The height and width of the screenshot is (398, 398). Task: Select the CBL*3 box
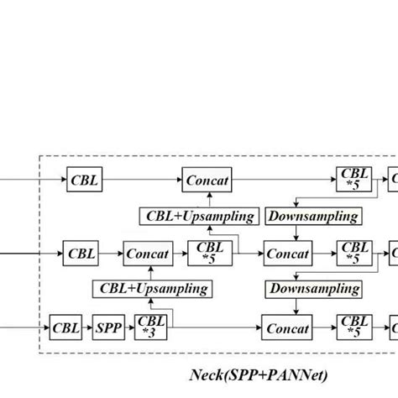(x=152, y=328)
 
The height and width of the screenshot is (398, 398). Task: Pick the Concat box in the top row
(x=207, y=180)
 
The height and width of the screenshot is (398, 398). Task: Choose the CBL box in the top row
(x=84, y=180)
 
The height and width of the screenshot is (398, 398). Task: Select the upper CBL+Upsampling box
(x=197, y=217)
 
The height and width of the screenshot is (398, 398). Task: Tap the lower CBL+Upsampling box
(x=152, y=290)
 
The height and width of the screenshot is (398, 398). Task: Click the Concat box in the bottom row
(x=287, y=329)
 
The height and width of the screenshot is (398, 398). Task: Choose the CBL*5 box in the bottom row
(x=355, y=328)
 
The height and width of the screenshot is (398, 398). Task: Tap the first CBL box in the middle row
(x=81, y=253)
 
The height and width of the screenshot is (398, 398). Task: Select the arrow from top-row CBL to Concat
(x=142, y=180)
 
